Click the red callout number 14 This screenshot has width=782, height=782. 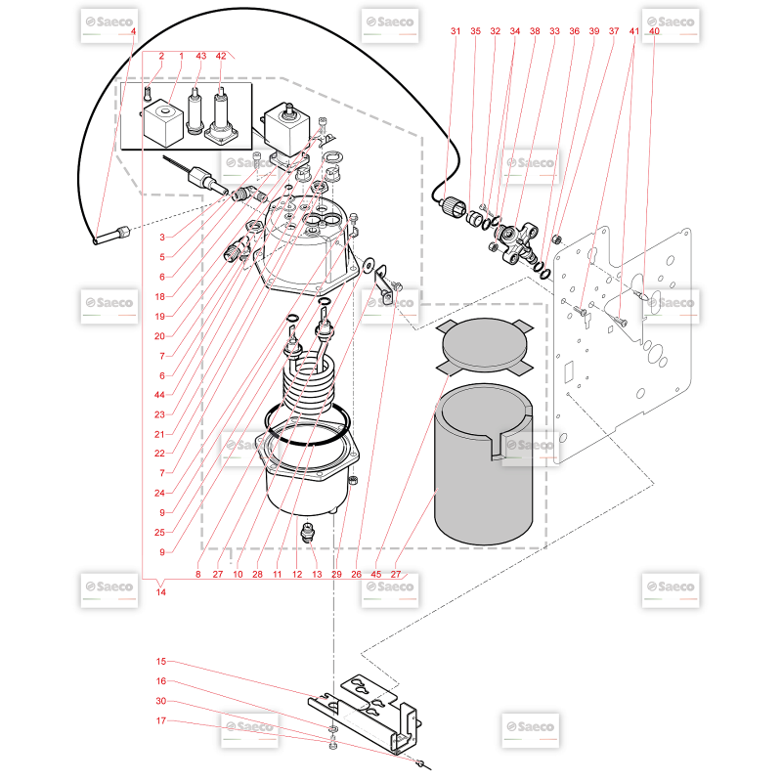pos(160,592)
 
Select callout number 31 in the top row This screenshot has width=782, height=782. pos(456,31)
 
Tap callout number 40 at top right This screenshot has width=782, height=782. pos(654,31)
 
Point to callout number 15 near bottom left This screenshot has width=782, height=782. pos(160,662)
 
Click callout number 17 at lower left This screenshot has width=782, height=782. pos(160,720)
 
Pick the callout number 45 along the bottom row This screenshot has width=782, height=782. pos(376,574)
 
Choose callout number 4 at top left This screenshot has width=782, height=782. pos(133,31)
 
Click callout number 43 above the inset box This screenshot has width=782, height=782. pos(201,56)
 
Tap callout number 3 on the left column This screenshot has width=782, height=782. pos(162,237)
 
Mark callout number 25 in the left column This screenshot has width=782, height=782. pos(159,532)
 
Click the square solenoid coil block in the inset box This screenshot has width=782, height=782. pos(163,123)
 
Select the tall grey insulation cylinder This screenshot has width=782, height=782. pos(484,463)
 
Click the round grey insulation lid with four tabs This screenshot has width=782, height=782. pos(484,345)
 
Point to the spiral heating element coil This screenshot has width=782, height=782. pos(308,381)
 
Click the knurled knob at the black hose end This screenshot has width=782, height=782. pos(455,205)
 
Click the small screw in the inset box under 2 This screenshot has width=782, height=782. pos(148,93)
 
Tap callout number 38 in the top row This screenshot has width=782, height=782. pos(535,31)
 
